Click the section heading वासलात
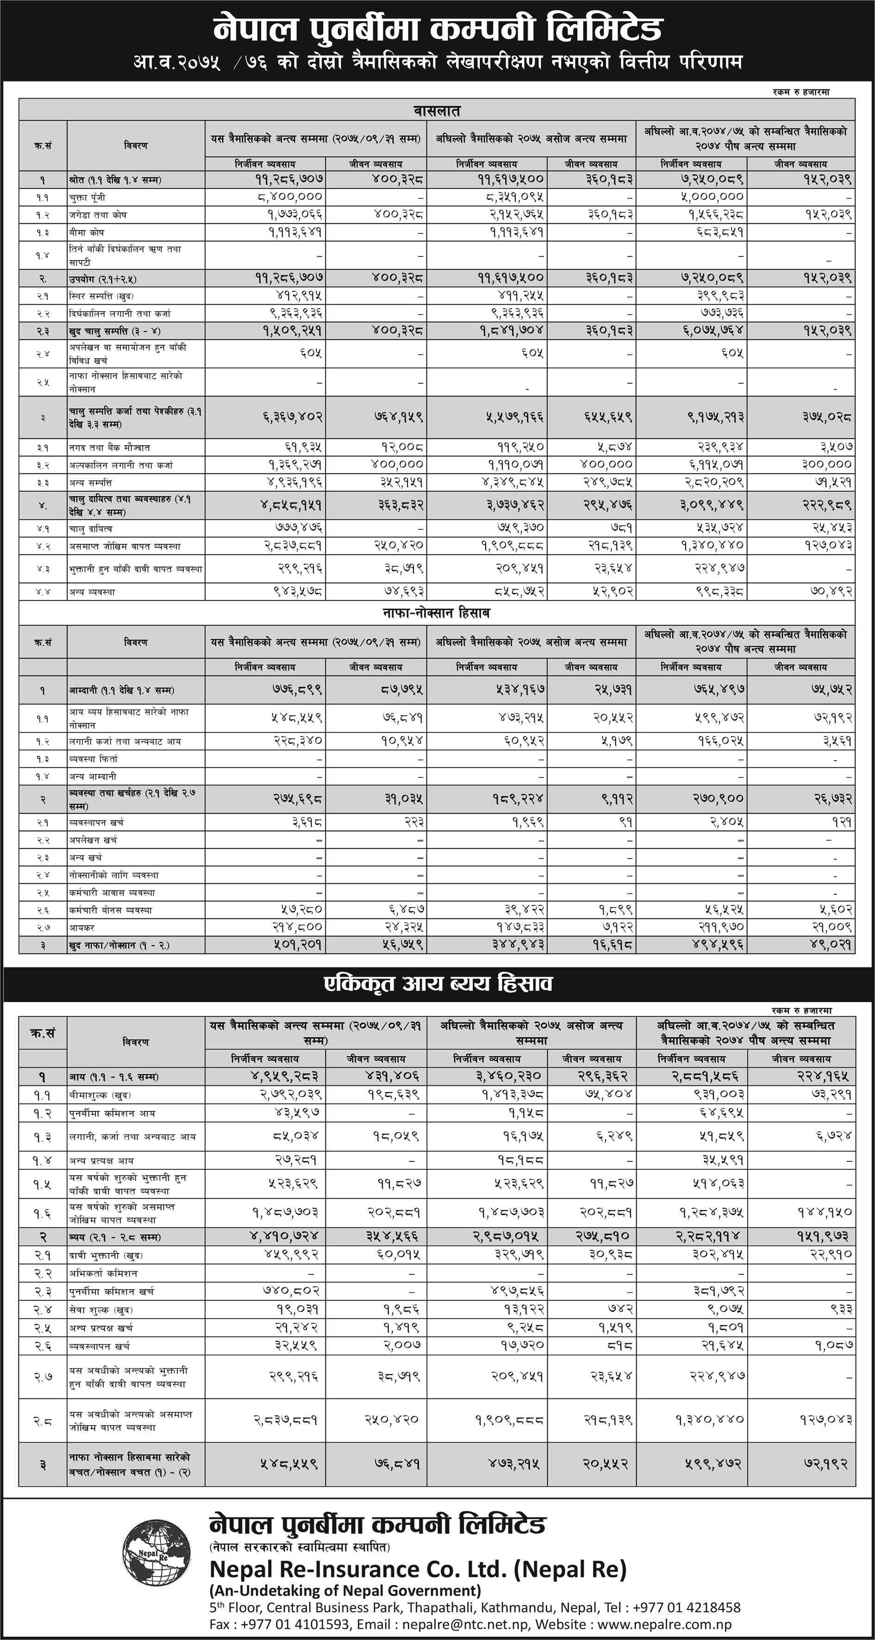(x=437, y=111)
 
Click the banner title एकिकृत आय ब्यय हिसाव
(x=437, y=984)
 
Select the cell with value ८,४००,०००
(x=290, y=197)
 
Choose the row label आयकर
(x=81, y=928)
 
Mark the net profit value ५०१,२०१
(x=290, y=945)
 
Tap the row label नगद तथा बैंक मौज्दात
(x=110, y=448)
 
